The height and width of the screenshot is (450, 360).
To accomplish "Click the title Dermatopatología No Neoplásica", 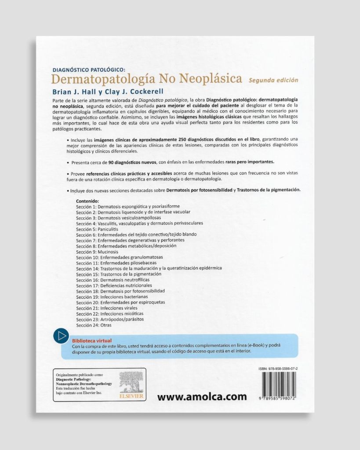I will pyautogui.click(x=146, y=79).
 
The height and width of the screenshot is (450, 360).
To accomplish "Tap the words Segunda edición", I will pyautogui.click(x=273, y=80).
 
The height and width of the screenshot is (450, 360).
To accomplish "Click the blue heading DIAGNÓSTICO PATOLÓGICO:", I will pyautogui.click(x=89, y=69).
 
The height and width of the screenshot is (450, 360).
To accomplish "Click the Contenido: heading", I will pyautogui.click(x=87, y=201).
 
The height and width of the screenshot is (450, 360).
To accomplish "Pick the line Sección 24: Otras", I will pyautogui.click(x=94, y=325).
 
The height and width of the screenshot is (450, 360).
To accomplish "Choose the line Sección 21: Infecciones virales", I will pyautogui.click(x=106, y=308).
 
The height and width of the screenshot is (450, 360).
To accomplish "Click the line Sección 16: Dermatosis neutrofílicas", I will pyautogui.click(x=113, y=279).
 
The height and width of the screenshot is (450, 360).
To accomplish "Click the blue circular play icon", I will pyautogui.click(x=61, y=336).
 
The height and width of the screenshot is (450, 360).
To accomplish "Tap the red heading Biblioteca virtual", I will pyautogui.click(x=91, y=340).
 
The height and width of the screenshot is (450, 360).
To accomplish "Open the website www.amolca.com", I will pyautogui.click(x=202, y=396).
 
